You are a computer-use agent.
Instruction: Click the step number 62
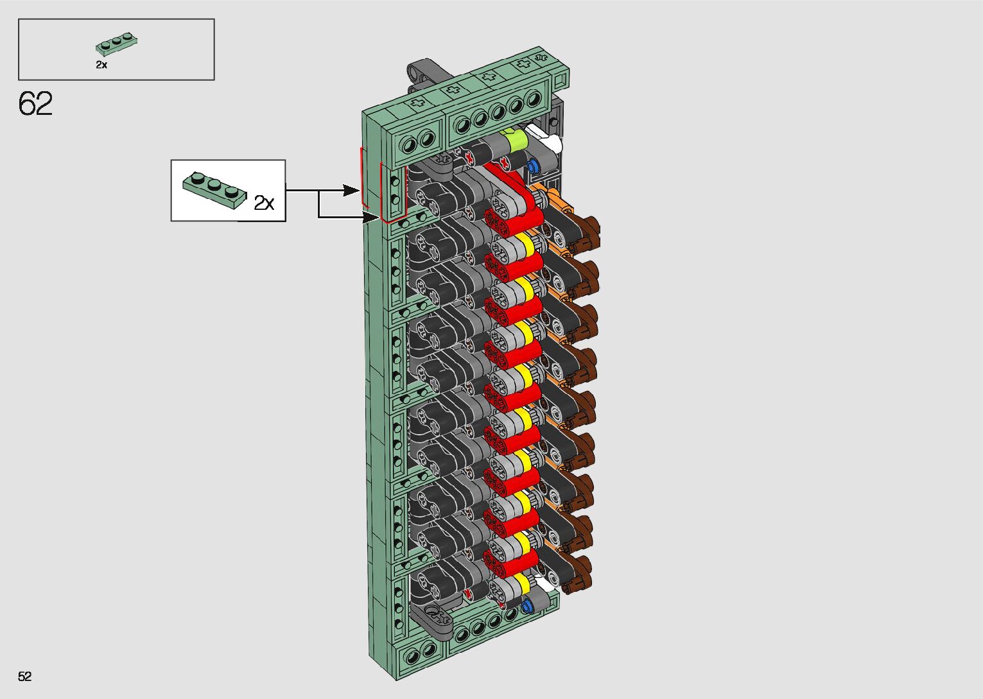[35, 103]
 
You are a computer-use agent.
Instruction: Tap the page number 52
[25, 676]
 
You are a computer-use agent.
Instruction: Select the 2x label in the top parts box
[101, 65]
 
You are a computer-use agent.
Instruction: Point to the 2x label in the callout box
[264, 203]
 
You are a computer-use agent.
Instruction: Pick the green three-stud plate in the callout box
[214, 189]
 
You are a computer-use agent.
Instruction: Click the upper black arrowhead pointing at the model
[351, 191]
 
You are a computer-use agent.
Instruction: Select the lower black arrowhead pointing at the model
[370, 217]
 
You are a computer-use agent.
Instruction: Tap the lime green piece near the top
[516, 139]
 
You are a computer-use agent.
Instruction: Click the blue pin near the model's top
[533, 166]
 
